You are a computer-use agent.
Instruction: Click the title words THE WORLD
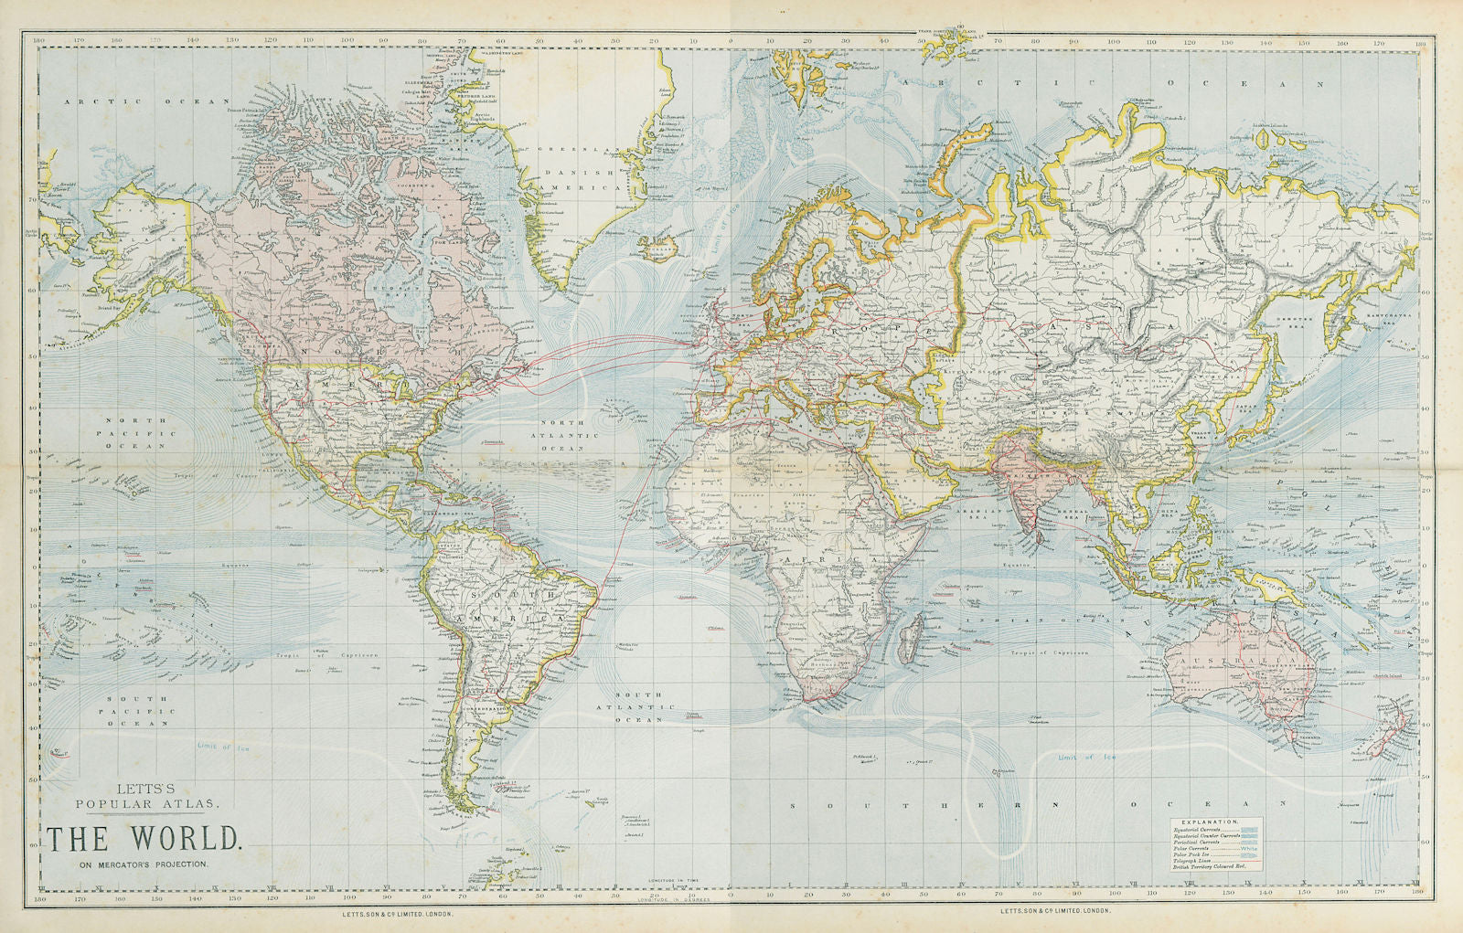pyautogui.click(x=144, y=839)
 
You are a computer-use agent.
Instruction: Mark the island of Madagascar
pyautogui.click(x=909, y=637)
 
